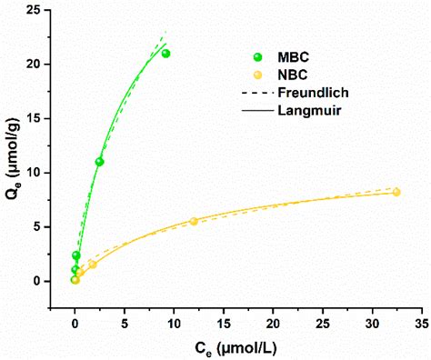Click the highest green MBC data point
point(165,54)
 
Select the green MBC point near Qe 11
point(99,162)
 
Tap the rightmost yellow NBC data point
point(396,192)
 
